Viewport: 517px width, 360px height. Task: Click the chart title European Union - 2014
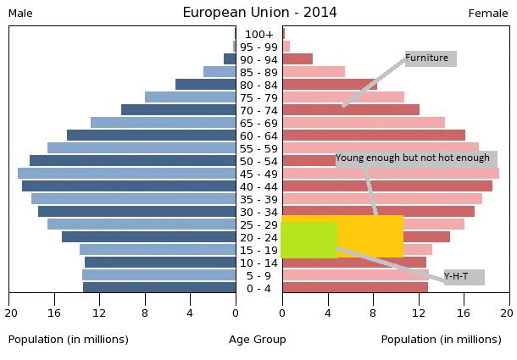tap(259, 12)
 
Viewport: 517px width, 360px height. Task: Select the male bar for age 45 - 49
tap(126, 173)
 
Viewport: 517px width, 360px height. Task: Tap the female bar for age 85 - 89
tap(313, 71)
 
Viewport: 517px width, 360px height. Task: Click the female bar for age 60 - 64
tap(373, 135)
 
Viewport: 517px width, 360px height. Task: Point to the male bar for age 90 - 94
tap(230, 58)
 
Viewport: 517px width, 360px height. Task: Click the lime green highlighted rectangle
tap(309, 240)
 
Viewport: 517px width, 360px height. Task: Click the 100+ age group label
tap(258, 34)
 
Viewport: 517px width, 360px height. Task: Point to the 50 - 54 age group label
tap(258, 161)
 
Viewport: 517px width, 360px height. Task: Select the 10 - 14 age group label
tap(258, 263)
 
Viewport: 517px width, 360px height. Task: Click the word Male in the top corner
tap(20, 13)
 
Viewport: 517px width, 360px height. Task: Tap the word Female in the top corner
tap(488, 13)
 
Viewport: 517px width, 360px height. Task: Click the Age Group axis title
tap(258, 340)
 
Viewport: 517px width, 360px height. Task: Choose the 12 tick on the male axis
tap(99, 313)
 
